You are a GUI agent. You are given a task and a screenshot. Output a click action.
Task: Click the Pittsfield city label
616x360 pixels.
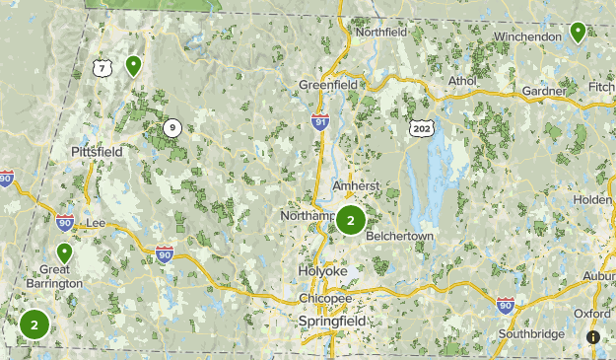[96, 152]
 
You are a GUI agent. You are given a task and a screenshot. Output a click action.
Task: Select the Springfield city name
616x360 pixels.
[332, 322]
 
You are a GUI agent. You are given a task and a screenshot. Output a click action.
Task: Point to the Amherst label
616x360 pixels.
[355, 184]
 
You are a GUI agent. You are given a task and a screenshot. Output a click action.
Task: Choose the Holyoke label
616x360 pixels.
[324, 269]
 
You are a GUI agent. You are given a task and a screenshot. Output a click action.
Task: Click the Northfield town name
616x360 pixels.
[381, 32]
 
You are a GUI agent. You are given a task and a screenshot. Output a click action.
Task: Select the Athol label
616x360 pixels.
[462, 81]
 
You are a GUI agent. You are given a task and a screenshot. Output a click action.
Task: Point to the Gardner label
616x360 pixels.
[545, 92]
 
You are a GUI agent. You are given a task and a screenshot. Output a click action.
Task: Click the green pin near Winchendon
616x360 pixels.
[578, 33]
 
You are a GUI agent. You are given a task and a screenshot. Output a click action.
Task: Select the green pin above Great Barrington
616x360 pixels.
[65, 252]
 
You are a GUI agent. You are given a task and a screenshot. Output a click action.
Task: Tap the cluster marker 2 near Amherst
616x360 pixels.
[350, 221]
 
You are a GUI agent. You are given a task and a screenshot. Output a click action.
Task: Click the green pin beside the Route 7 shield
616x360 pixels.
[132, 65]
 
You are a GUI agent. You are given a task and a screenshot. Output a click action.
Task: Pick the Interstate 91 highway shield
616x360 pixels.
[319, 121]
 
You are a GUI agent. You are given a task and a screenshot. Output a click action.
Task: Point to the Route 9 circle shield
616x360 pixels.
[172, 126]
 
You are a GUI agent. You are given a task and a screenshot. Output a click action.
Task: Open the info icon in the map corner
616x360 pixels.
[593, 337]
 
